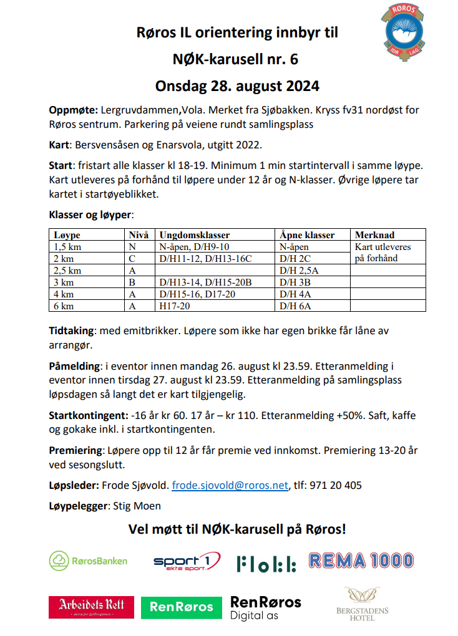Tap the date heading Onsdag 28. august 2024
[x=237, y=85]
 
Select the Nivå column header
[x=139, y=235]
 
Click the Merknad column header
[x=374, y=235]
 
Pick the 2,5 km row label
[x=68, y=271]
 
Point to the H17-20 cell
[x=175, y=306]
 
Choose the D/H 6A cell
[x=296, y=306]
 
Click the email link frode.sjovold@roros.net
[x=230, y=485]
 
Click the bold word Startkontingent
[x=87, y=415]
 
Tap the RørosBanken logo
[x=88, y=561]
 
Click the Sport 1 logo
[x=187, y=563]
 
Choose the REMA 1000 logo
[x=361, y=561]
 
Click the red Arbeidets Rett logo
[x=91, y=607]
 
